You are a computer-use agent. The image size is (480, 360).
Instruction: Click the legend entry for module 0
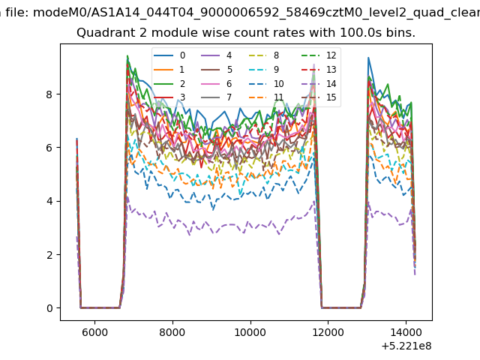(x=169, y=55)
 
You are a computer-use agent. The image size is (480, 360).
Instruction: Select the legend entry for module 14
(x=319, y=83)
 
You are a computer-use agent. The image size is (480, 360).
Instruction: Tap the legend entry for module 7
(x=216, y=97)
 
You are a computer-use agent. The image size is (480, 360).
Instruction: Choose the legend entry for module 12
(x=319, y=55)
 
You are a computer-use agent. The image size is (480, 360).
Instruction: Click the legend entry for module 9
(x=264, y=70)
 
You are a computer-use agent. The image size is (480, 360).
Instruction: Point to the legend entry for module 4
(x=216, y=55)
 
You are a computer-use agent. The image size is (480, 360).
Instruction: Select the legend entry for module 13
(x=319, y=70)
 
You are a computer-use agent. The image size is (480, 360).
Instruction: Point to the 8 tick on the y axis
(x=49, y=94)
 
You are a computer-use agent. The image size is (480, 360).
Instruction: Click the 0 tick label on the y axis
(x=49, y=308)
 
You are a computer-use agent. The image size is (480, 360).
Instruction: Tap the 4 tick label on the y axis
(x=49, y=201)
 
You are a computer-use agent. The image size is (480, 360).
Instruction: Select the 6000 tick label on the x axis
(x=94, y=332)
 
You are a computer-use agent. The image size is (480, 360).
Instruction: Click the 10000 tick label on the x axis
(x=250, y=332)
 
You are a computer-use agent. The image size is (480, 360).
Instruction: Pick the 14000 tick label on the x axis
(x=406, y=332)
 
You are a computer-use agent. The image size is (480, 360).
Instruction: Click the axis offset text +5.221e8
(x=406, y=346)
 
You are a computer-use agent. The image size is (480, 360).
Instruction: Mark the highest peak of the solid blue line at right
(x=368, y=58)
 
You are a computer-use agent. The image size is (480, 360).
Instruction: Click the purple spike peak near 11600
(x=314, y=64)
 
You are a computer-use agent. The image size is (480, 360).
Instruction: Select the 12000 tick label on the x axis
(x=328, y=332)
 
